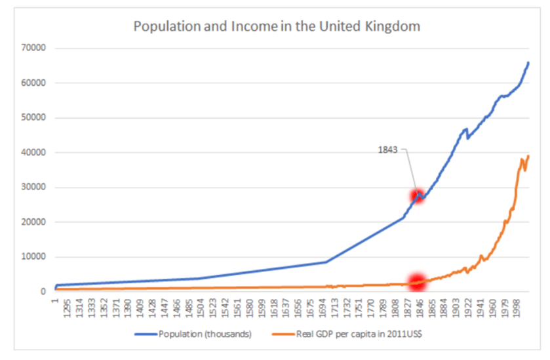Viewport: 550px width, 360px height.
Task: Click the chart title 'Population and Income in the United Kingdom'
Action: pos(277,27)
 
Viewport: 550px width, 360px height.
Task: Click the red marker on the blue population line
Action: pos(417,195)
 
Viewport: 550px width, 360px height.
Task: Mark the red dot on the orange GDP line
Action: pos(417,283)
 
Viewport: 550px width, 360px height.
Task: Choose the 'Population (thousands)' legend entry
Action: pos(204,334)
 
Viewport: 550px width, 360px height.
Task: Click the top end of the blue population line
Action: pos(528,63)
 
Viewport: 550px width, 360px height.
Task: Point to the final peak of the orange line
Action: pos(528,156)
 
